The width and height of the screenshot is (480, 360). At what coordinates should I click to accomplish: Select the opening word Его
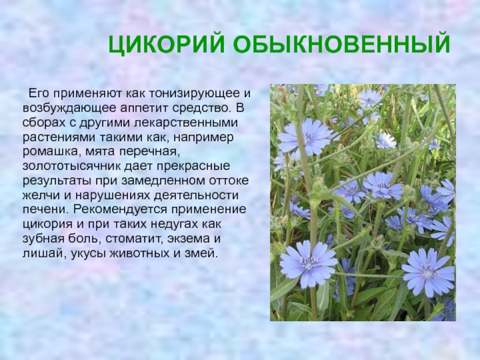coord(38,94)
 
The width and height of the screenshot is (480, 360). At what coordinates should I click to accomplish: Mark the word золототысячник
coord(71,166)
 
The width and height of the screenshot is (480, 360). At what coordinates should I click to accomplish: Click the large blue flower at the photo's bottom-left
coord(308,264)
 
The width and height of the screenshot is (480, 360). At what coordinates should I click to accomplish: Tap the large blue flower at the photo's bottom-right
coord(428,272)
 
